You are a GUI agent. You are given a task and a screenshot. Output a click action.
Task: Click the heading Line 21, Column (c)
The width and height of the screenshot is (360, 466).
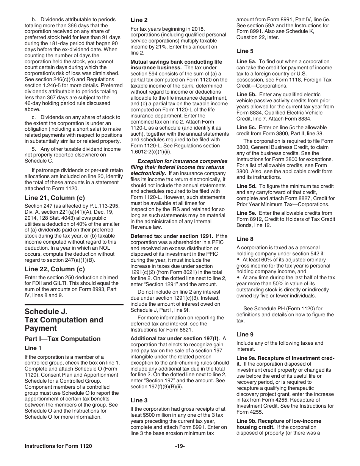coord(55,198)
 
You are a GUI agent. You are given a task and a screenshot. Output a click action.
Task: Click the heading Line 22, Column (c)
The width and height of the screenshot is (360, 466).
coord(55,269)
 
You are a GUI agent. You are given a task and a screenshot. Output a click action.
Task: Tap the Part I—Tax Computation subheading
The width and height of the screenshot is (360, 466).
coord(63,339)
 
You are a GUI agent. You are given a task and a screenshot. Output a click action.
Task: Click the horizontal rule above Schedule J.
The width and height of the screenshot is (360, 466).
coord(74,305)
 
